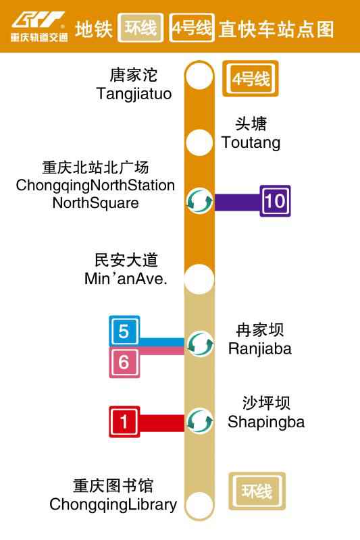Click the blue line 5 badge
[124, 331]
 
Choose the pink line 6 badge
[124, 362]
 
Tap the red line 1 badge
[124, 422]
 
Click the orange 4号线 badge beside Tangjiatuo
[251, 80]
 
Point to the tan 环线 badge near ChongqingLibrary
[257, 491]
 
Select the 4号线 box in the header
[192, 28]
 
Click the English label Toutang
[251, 143]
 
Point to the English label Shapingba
[266, 423]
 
